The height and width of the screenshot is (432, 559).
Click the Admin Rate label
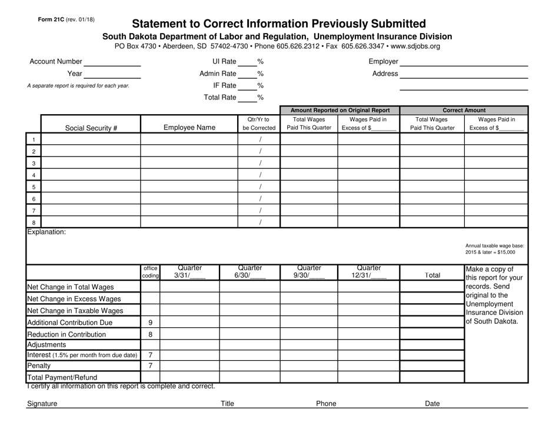click(x=218, y=74)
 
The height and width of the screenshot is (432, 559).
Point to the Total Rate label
click(x=220, y=97)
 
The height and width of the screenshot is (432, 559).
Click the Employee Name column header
click(x=189, y=127)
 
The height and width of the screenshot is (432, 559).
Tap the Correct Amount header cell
click(x=464, y=110)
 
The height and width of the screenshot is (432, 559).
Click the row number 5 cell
click(x=34, y=187)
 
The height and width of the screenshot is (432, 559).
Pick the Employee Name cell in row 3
click(x=189, y=163)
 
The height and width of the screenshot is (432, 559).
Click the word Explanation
click(x=46, y=232)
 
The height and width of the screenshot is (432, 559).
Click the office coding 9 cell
click(x=151, y=323)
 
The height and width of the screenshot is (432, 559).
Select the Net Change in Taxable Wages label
click(x=74, y=311)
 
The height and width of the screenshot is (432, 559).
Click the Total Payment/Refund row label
click(x=62, y=377)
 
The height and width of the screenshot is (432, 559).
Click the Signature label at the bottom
click(x=42, y=404)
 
